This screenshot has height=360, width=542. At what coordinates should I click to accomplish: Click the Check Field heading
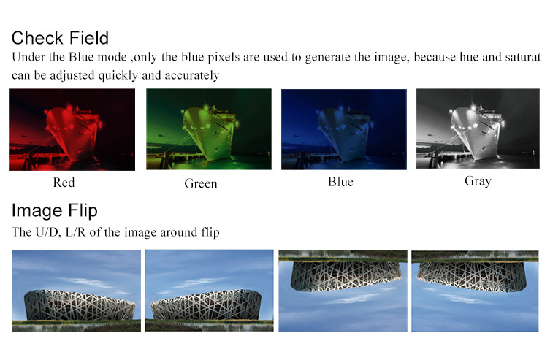coord(60,38)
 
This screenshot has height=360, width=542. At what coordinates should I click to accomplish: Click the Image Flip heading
coord(55,210)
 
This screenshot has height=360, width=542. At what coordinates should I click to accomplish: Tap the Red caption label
coord(64,183)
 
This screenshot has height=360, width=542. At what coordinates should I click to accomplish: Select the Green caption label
coord(201,183)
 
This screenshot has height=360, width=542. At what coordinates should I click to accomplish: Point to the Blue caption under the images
coord(340,182)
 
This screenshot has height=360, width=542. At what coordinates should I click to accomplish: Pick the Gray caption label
coord(478,181)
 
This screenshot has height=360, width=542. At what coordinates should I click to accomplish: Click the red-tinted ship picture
coord(72,129)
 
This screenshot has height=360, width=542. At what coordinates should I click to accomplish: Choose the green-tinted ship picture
coord(209,129)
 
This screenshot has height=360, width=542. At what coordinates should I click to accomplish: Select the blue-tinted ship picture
coord(344,129)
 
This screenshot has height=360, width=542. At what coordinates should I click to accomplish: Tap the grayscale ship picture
coord(478,129)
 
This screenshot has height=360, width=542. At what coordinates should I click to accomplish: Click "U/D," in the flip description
coord(48,231)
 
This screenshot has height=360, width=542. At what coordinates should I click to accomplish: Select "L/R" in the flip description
coord(75,231)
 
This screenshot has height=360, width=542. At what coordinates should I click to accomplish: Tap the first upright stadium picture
coord(77,291)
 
